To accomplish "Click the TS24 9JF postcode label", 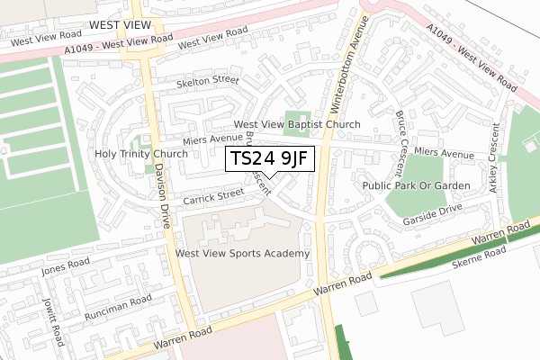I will point(269,159).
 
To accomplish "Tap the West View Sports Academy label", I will point(243,254).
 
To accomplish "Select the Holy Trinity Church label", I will point(141,154).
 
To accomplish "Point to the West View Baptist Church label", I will point(297,124).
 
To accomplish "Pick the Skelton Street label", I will point(208,80).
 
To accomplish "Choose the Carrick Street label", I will point(213,193).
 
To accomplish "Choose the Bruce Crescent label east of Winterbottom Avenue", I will point(400,143).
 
